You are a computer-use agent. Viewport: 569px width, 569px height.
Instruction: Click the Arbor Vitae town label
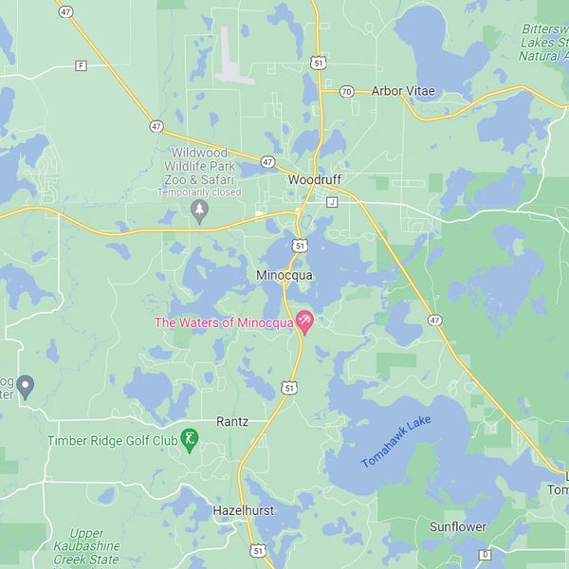(x=402, y=91)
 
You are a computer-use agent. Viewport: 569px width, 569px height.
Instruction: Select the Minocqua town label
(x=284, y=275)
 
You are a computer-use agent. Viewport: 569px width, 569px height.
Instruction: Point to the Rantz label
(x=232, y=421)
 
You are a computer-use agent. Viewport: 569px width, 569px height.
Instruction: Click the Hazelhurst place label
(x=243, y=510)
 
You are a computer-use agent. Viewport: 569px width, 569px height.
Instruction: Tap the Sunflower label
(x=458, y=526)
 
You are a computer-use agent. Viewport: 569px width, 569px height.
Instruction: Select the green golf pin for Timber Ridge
(x=191, y=439)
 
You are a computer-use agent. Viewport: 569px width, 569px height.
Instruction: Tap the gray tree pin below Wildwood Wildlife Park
(x=199, y=210)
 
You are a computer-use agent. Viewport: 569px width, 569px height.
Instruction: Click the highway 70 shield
(x=346, y=91)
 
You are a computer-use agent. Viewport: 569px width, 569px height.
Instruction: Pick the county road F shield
(x=81, y=65)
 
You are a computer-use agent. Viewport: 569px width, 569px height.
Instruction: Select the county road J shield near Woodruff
(x=332, y=202)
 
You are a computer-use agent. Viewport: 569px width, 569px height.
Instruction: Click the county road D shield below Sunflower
(x=485, y=554)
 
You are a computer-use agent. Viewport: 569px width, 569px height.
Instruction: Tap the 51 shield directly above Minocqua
(x=300, y=246)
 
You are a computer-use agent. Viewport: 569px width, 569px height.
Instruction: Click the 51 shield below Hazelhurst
(x=258, y=550)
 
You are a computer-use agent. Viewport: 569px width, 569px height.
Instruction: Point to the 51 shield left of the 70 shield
(x=320, y=62)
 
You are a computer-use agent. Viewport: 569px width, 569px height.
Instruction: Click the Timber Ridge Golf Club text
(x=113, y=441)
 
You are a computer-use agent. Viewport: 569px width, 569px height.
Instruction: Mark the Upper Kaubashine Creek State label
(x=87, y=546)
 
